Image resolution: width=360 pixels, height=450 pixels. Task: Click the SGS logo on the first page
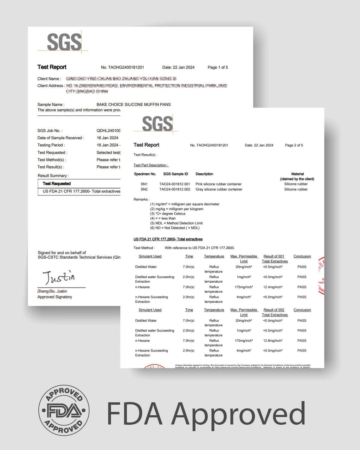coord(64,42)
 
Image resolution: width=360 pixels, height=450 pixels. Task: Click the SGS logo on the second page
coord(157,124)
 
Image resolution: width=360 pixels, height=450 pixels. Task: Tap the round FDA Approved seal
coord(64,410)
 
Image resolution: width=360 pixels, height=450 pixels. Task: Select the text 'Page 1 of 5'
coord(218,67)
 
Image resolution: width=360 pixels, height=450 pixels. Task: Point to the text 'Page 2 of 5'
coord(294,145)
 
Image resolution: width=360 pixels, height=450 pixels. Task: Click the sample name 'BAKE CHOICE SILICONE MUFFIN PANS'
coord(134,104)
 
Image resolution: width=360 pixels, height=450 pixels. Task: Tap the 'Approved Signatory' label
coord(54,297)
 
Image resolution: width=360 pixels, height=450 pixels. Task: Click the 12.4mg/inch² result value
coord(273,287)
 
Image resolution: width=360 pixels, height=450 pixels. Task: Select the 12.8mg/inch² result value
coord(273,341)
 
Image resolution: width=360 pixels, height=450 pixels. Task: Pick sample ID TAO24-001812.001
coord(174,184)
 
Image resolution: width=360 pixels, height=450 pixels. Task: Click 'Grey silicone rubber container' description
coord(219,189)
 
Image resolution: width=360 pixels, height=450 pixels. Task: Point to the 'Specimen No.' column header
coord(145,174)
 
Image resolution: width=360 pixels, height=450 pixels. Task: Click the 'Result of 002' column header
coord(274,310)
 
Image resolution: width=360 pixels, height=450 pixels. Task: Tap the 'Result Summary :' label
coord(53,176)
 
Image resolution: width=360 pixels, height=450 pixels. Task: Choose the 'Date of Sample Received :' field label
coord(61,138)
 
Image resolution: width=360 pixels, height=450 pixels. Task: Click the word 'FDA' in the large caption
coord(134,413)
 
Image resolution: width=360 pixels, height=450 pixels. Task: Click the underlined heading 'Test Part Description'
coord(151,165)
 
